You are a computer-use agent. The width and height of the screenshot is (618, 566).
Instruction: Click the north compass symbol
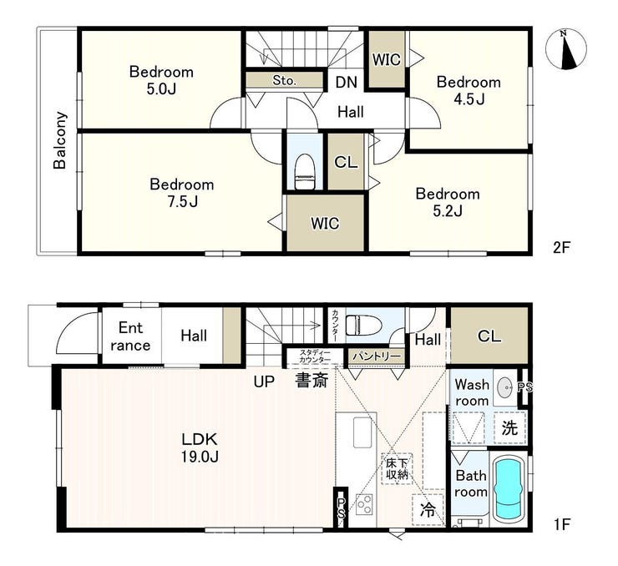point(565,49)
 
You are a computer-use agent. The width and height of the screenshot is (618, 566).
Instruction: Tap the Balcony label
point(60,140)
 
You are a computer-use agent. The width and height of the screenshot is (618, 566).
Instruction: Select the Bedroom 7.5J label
point(182,193)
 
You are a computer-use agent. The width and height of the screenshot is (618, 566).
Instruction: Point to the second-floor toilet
point(304,172)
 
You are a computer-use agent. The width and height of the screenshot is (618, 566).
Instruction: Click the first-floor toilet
point(363,326)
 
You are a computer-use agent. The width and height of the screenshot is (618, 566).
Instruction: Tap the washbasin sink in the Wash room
point(505,387)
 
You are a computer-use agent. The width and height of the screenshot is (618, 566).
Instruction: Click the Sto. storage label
point(284,80)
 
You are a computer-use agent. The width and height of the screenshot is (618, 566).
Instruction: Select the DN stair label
point(347,82)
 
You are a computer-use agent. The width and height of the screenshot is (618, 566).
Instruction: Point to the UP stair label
point(264,382)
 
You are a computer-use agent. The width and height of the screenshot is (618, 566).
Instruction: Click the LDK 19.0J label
point(200,447)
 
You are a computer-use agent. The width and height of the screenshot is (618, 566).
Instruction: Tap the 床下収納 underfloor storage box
point(397,468)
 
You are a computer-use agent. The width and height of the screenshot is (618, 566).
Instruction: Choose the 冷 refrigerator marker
point(428,510)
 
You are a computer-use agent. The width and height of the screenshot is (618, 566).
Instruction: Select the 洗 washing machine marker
point(510,427)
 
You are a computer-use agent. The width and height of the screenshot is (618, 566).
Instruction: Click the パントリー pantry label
point(376,356)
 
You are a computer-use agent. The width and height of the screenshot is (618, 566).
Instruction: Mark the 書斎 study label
point(312,381)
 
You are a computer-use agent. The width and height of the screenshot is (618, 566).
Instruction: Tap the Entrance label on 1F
point(130,336)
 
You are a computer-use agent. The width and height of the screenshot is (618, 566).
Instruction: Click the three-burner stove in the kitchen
point(364,504)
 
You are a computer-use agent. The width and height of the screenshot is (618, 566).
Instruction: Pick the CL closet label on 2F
point(346,162)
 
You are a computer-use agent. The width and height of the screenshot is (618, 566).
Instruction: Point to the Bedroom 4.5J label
point(469,91)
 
